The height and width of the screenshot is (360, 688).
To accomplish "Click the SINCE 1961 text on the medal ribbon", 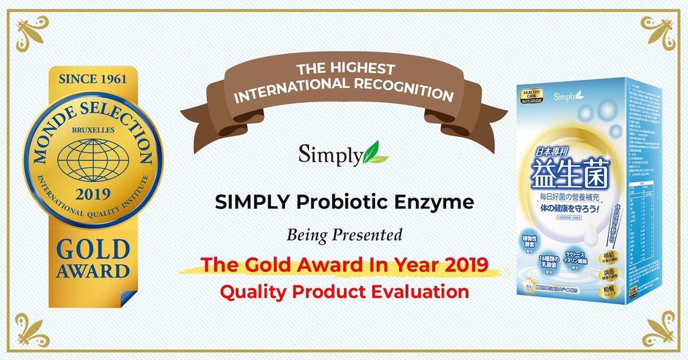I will pyautogui.click(x=92, y=79).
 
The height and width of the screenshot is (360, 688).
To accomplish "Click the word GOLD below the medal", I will pyautogui.click(x=92, y=249).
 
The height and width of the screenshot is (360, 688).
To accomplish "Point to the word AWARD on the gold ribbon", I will pyautogui.click(x=92, y=271).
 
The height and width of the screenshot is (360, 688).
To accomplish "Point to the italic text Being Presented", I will pyautogui.click(x=344, y=235).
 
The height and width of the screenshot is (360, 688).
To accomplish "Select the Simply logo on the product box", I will pyautogui.click(x=564, y=96).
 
